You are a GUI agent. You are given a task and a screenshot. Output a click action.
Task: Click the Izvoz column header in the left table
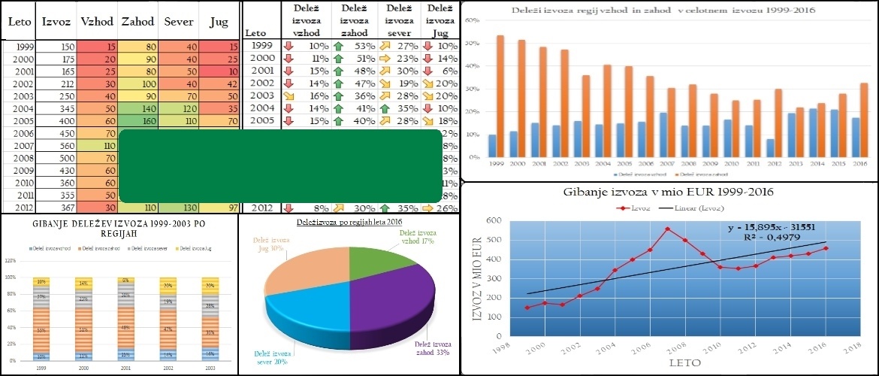[56, 22]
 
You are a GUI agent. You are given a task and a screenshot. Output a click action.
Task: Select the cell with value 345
[56, 108]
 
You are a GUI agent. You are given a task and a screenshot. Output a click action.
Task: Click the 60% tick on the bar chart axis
[473, 20]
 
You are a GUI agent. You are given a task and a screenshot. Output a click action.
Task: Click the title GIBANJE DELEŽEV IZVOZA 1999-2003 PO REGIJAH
[119, 229]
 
